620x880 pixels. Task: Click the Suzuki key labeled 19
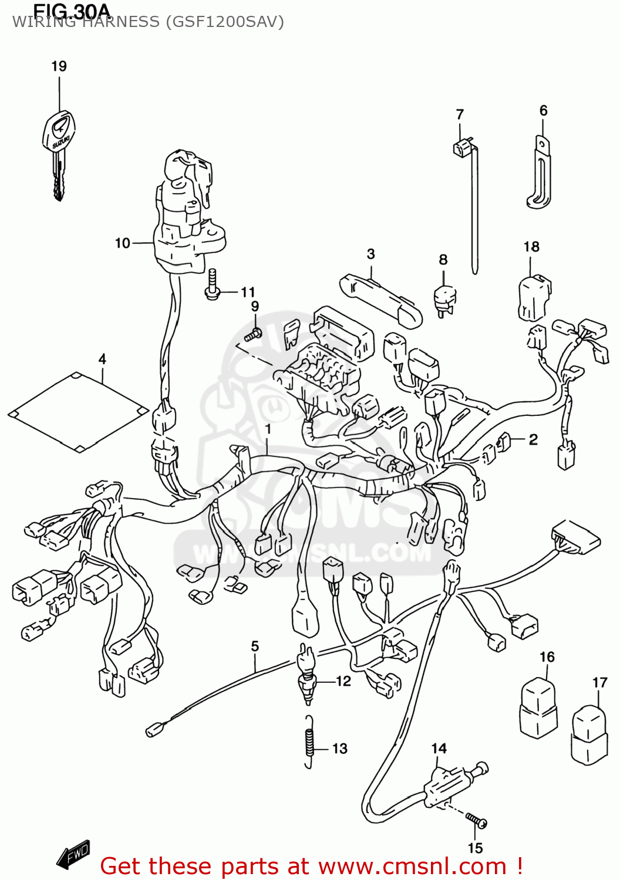pyautogui.click(x=59, y=147)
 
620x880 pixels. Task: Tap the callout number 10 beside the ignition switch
pyautogui.click(x=122, y=243)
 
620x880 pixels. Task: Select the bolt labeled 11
pyautogui.click(x=213, y=285)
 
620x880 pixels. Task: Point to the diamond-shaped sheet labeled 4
pyautogui.click(x=78, y=412)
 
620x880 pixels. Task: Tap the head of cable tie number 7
pyautogui.click(x=463, y=147)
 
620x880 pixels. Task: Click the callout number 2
pyautogui.click(x=533, y=439)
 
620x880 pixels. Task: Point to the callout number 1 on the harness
pyautogui.click(x=268, y=429)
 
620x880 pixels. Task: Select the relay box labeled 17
pyautogui.click(x=589, y=734)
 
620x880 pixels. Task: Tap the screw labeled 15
pyautogui.click(x=476, y=820)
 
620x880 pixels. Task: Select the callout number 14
pyautogui.click(x=439, y=748)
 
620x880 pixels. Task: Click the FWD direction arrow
pyautogui.click(x=73, y=854)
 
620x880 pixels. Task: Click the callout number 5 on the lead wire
pyautogui.click(x=255, y=646)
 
